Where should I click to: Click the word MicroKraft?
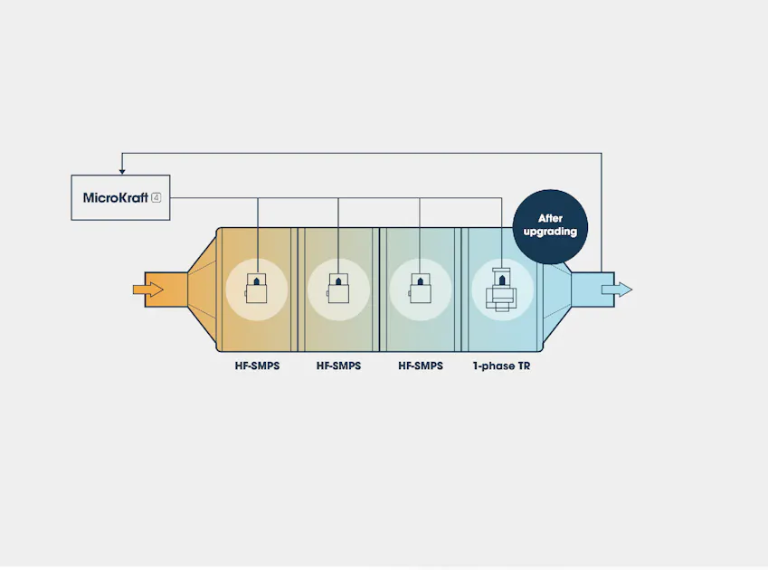point(115,198)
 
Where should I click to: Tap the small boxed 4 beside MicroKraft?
point(156,198)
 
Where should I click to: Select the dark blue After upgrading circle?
point(550,227)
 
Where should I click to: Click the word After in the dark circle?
point(550,218)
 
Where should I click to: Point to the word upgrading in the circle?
point(550,232)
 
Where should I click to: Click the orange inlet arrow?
point(148,290)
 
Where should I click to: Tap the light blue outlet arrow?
point(617,290)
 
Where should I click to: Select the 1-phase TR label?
point(501,366)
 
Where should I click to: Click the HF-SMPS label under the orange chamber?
point(257,366)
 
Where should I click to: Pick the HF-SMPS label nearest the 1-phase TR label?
point(421,366)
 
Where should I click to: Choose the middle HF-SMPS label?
point(338,366)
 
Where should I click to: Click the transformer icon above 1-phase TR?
point(501,290)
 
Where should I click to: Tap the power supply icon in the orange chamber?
point(256,289)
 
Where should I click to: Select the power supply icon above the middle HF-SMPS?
point(338,289)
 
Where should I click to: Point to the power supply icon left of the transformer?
point(420,289)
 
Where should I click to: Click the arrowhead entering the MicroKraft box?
point(122,171)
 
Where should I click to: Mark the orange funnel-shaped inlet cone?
point(203,290)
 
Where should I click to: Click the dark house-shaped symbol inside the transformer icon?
point(501,280)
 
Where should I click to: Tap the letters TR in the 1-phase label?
point(524,366)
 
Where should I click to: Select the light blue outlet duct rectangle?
point(593,290)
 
